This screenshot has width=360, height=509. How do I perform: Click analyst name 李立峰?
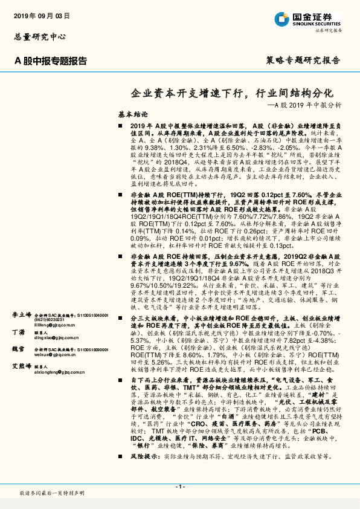(22, 315)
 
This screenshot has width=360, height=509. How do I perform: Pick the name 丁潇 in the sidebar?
(19, 332)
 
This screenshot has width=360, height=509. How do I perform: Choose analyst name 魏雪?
(19, 349)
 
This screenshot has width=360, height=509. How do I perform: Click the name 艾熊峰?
(22, 366)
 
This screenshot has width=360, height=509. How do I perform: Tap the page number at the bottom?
(179, 486)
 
